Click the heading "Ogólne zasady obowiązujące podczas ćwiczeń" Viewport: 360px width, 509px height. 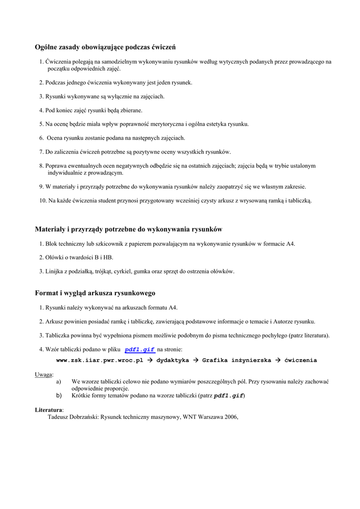[x=105, y=47]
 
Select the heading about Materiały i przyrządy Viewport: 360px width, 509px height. [x=128, y=229]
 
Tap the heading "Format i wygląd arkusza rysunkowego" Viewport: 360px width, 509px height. [x=95, y=293]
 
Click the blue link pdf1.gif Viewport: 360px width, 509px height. [x=140, y=350]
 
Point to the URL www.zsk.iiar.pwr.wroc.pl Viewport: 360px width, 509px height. [x=99, y=360]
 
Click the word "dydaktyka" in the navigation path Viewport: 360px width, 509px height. [x=173, y=360]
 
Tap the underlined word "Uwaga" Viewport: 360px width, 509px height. [x=44, y=374]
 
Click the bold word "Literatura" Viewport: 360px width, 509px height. [x=49, y=410]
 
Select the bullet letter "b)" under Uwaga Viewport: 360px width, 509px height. [x=59, y=396]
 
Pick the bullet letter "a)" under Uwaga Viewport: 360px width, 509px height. [x=59, y=382]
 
